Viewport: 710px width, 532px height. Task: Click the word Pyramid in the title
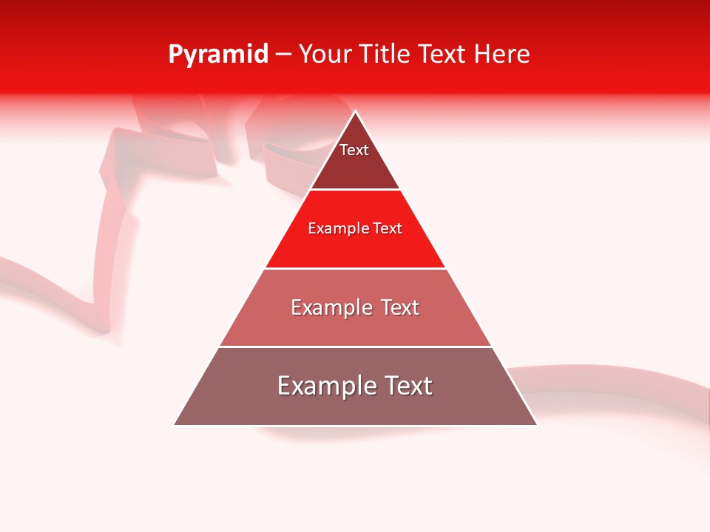click(217, 55)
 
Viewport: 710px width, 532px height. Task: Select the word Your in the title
click(325, 55)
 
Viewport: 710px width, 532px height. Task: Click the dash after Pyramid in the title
click(283, 55)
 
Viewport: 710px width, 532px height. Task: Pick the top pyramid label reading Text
click(354, 150)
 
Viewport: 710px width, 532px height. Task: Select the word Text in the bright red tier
click(388, 228)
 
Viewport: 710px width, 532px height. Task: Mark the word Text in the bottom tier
click(408, 386)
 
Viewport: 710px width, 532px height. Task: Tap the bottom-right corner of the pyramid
click(536, 424)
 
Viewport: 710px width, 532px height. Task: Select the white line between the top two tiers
click(355, 190)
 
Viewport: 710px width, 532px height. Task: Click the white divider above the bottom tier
click(355, 347)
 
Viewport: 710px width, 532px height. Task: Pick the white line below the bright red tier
click(355, 268)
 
